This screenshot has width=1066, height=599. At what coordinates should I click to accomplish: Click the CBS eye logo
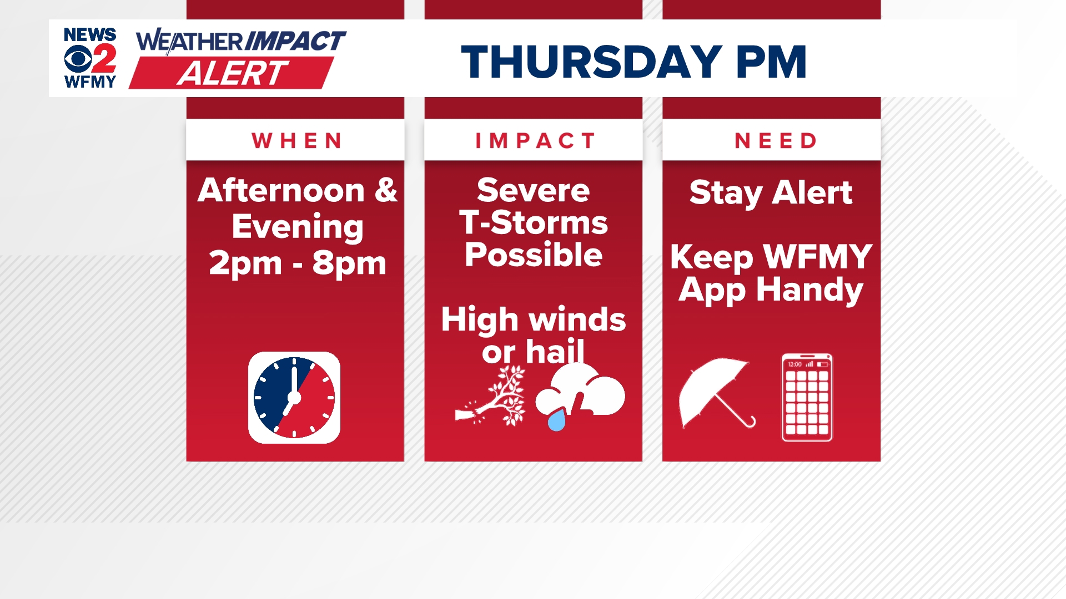pyautogui.click(x=77, y=59)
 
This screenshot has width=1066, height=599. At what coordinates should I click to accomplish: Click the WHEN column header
pyautogui.click(x=296, y=141)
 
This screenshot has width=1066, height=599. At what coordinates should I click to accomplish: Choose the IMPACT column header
pyautogui.click(x=535, y=141)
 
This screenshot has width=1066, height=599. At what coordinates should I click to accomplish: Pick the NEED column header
pyautogui.click(x=776, y=141)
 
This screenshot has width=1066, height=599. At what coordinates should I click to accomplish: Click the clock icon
pyautogui.click(x=294, y=398)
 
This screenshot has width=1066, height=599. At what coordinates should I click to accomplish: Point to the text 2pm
pyautogui.click(x=245, y=263)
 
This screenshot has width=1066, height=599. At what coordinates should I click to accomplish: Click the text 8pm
pyautogui.click(x=349, y=263)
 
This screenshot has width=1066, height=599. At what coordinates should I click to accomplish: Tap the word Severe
pyautogui.click(x=533, y=190)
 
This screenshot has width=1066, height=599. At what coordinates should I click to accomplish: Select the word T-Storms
pyautogui.click(x=533, y=222)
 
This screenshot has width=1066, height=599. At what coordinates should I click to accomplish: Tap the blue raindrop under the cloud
pyautogui.click(x=556, y=420)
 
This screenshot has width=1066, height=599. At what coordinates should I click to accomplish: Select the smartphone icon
pyautogui.click(x=807, y=397)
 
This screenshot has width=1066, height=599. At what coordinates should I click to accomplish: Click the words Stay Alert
pyautogui.click(x=771, y=192)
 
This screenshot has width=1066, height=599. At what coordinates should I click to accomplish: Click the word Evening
pyautogui.click(x=298, y=227)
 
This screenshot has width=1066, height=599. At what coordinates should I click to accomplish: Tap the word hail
pyautogui.click(x=555, y=352)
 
